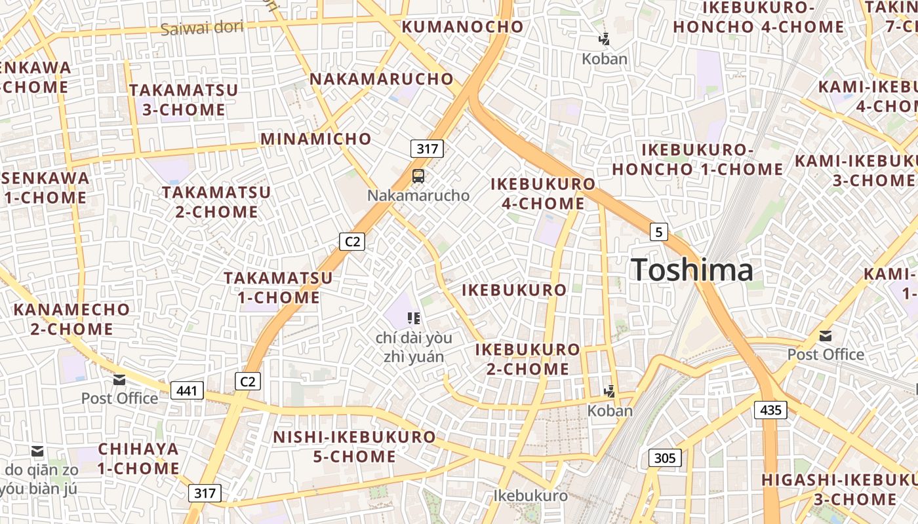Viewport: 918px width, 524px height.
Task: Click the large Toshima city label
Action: (692, 270)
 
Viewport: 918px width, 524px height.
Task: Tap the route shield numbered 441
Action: (187, 391)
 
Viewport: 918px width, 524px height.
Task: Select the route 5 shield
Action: (659, 231)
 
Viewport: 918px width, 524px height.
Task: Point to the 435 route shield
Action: (770, 410)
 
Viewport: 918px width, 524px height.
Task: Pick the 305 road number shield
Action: (665, 458)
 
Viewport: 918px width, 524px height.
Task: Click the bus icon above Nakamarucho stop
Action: (418, 176)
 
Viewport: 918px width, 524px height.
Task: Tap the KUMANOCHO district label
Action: (462, 27)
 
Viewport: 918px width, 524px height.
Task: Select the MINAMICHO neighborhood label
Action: (316, 139)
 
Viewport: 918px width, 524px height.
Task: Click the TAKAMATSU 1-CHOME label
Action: (278, 288)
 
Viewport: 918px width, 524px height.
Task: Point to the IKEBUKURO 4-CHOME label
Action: (543, 194)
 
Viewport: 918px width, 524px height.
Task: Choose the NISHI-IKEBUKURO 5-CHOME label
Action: (354, 446)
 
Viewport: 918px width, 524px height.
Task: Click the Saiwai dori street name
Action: (201, 28)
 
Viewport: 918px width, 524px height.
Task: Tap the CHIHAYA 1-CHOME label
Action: (138, 458)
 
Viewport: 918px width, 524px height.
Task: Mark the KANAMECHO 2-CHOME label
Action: (71, 318)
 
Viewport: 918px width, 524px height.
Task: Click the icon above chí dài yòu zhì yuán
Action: (413, 318)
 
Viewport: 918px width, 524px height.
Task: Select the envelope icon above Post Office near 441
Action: (119, 379)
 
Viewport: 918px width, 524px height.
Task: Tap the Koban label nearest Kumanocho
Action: (605, 59)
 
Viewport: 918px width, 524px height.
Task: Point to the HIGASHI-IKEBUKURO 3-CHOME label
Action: (839, 489)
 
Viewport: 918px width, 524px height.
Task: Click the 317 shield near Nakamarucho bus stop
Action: (427, 149)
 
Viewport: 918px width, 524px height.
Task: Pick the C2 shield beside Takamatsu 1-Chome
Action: (352, 242)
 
